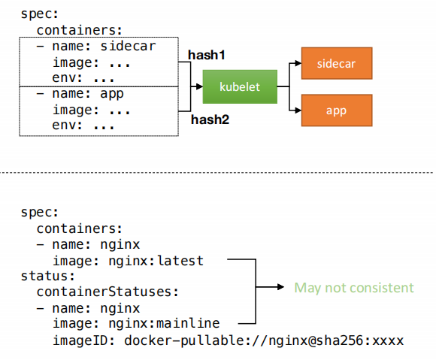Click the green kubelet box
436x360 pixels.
pos(240,86)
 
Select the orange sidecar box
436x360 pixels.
pos(337,63)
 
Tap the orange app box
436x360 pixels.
pos(337,110)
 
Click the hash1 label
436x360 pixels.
pos(207,55)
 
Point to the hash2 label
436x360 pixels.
pos(210,119)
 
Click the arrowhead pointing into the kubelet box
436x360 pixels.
pos(199,86)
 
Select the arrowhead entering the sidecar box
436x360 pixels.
pos(298,63)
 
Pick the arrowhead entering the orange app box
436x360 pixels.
pos(298,110)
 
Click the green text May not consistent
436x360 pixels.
pos(354,288)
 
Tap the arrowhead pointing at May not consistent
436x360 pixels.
pos(280,287)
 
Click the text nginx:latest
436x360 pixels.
pos(156,261)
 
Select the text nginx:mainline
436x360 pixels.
pos(164,324)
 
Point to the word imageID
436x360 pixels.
pos(80,340)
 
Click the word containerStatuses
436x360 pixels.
pos(104,292)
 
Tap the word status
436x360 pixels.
pos(44,276)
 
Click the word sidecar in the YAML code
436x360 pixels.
pos(128,46)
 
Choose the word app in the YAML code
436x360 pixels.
pos(112,94)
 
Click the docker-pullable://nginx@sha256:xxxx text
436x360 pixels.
pos(264,340)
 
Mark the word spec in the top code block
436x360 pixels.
pos(36,14)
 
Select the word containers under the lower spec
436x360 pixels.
pos(76,228)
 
